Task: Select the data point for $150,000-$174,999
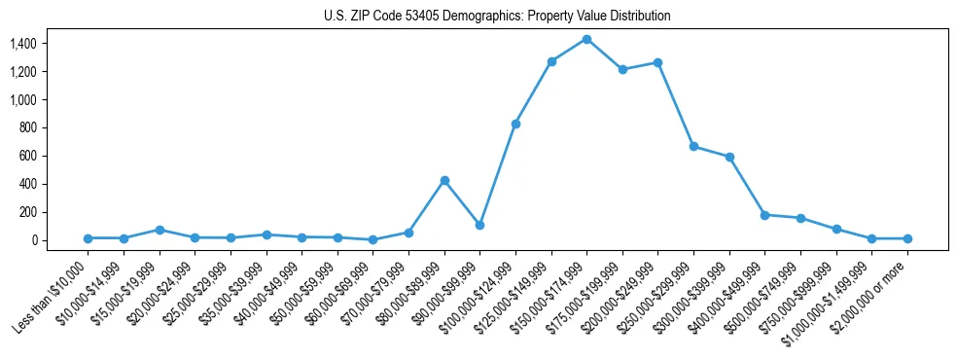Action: [586, 39]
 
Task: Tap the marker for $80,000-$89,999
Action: [444, 180]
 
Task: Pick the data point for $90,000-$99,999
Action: [479, 225]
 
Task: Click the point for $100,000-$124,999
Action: [515, 124]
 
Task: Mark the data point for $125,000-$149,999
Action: [551, 61]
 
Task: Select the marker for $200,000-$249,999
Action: [658, 62]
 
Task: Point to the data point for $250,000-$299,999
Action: [693, 146]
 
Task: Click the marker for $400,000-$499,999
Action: [764, 215]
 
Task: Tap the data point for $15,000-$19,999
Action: [159, 230]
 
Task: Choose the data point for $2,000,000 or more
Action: [907, 238]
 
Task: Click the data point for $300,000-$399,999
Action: [729, 157]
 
